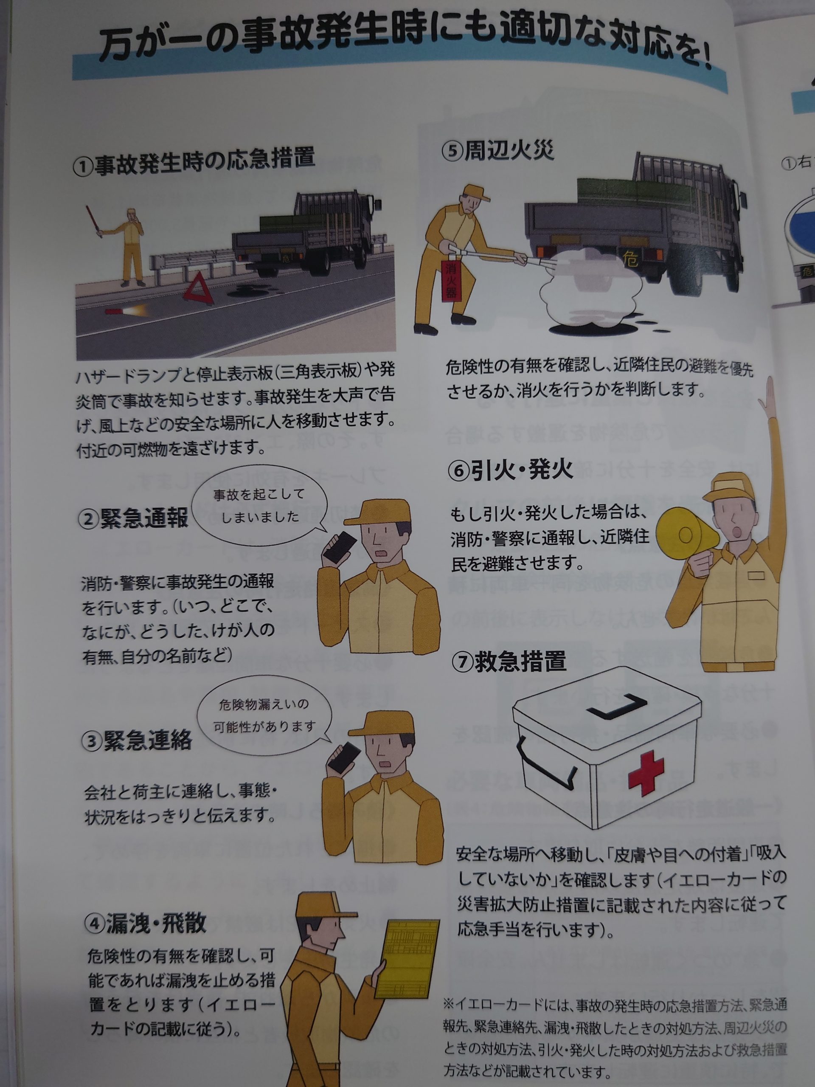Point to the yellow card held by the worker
[409, 952]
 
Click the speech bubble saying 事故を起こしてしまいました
[259, 508]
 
